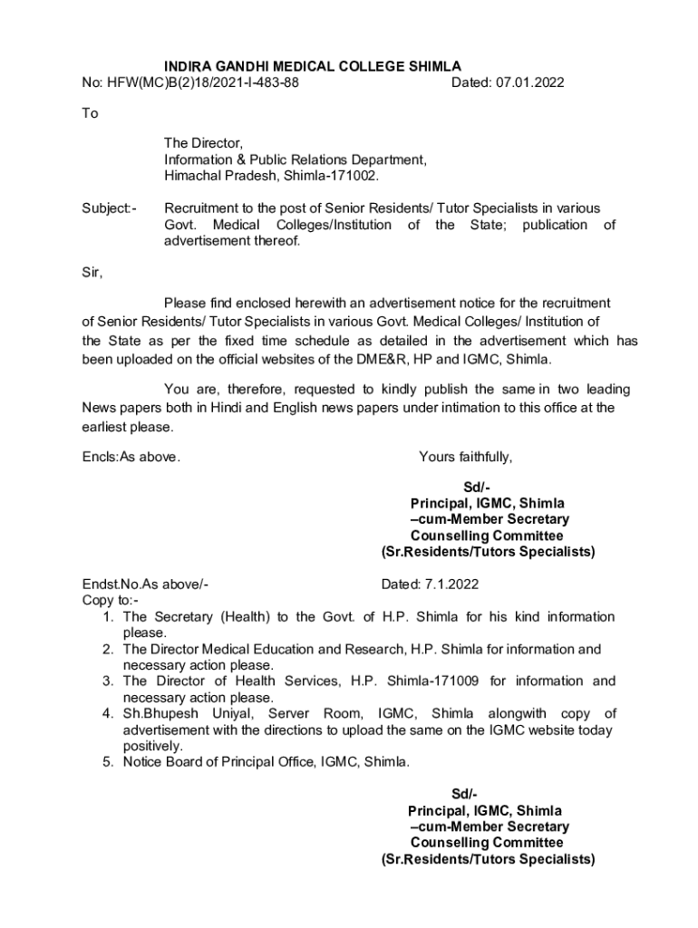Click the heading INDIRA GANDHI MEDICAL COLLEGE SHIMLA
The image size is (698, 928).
click(312, 66)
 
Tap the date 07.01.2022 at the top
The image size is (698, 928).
click(529, 82)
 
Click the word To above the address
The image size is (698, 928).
click(90, 114)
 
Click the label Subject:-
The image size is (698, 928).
click(109, 208)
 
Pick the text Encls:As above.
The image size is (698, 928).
click(131, 457)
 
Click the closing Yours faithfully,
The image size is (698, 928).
click(465, 457)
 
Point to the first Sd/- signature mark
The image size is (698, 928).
click(476, 488)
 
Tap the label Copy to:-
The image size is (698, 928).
click(111, 600)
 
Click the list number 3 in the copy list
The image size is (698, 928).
click(107, 681)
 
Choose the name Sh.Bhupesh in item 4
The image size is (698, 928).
click(156, 714)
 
